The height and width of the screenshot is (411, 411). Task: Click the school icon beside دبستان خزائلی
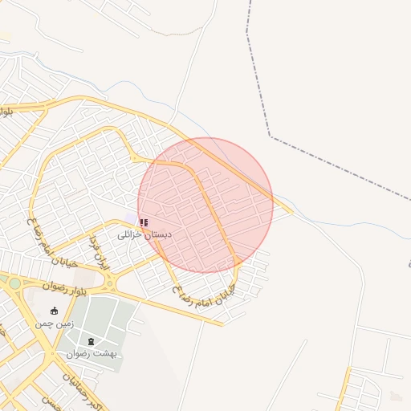(x=144, y=222)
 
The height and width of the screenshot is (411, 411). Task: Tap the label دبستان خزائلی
(x=140, y=234)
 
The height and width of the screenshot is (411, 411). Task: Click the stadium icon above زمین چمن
(x=54, y=311)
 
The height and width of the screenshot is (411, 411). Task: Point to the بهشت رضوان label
(x=92, y=353)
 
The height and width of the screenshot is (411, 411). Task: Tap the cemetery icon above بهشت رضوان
(x=91, y=341)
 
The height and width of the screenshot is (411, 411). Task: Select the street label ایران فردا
(x=98, y=251)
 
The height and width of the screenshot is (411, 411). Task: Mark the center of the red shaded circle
(x=205, y=205)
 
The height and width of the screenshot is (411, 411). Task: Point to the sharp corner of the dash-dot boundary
(x=270, y=136)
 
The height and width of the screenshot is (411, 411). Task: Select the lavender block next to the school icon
(x=131, y=220)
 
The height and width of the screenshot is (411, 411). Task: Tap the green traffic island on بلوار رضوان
(x=14, y=282)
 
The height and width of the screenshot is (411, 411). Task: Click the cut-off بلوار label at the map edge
(x=6, y=112)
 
